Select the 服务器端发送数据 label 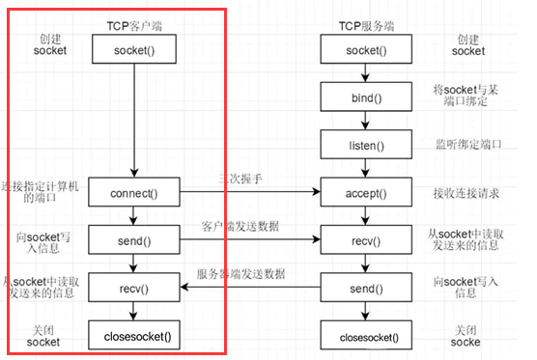pos(240,274)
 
